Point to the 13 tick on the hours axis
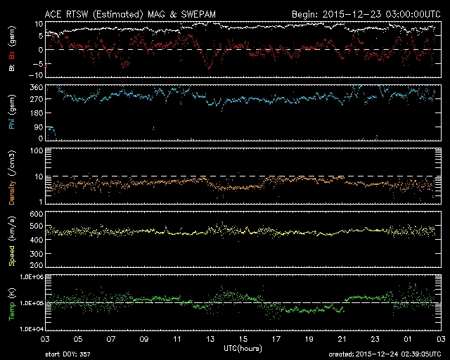(x=211, y=339)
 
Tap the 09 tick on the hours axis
(x=145, y=339)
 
